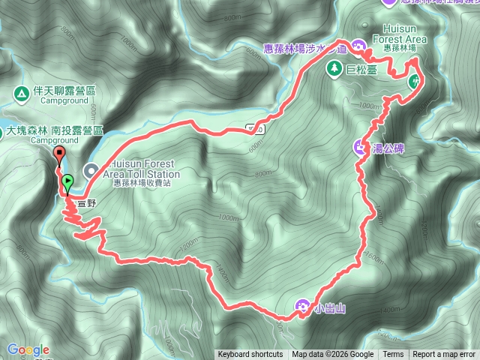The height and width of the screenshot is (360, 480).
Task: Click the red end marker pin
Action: point(59,156)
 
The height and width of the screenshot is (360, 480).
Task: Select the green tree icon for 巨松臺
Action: point(332,68)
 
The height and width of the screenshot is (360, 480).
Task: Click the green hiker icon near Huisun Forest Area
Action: point(413,82)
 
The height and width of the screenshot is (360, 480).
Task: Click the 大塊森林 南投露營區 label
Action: point(51,130)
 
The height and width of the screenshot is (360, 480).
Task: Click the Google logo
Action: point(28,349)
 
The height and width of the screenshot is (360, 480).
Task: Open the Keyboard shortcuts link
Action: point(250,355)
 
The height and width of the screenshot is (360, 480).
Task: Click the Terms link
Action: point(393,355)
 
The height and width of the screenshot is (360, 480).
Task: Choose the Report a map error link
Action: point(444,355)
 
